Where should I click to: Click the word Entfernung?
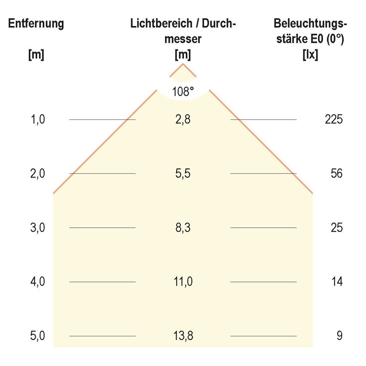(x=36, y=24)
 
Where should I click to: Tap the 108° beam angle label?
(x=183, y=91)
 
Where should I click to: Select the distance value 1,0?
(x=38, y=120)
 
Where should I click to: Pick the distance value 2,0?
(x=38, y=174)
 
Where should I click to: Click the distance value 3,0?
(x=38, y=228)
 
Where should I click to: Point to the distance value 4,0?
(x=38, y=282)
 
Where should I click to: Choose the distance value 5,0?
(x=38, y=336)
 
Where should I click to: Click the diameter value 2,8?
(x=183, y=120)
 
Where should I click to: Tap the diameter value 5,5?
(x=183, y=174)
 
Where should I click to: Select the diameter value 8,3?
(x=183, y=228)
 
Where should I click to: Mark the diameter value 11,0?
(x=183, y=282)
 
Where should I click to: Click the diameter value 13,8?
(x=183, y=336)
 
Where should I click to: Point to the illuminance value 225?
(x=334, y=120)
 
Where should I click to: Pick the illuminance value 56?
(x=336, y=174)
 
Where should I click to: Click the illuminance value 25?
(x=336, y=228)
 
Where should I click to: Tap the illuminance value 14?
(x=336, y=282)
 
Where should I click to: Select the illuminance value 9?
(x=339, y=336)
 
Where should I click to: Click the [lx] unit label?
(x=310, y=55)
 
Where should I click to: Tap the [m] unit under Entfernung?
(x=36, y=55)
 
